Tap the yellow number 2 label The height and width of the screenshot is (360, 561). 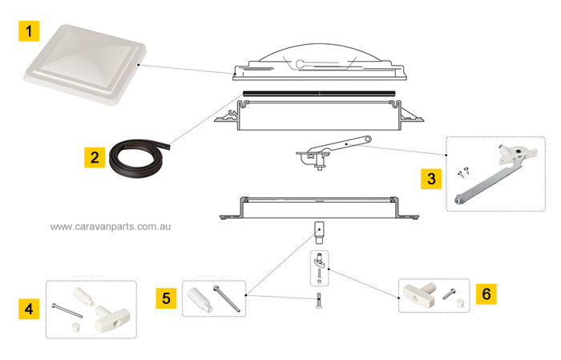coord(95,156)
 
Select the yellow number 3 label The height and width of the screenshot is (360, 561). coord(431,178)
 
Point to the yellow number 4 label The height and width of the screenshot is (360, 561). coord(30,309)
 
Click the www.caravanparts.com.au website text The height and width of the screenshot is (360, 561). coord(111,227)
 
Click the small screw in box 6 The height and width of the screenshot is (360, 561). coord(450,292)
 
